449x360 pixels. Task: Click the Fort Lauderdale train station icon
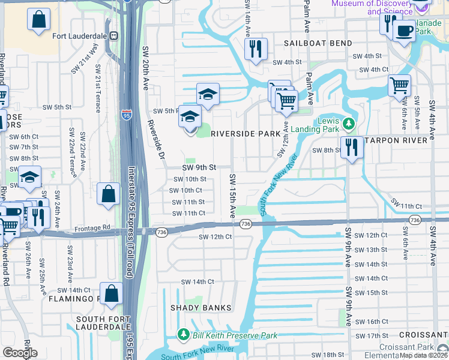112,35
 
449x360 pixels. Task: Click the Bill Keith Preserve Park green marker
183,334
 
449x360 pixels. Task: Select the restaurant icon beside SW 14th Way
256,49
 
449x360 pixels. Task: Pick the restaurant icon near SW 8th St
351,146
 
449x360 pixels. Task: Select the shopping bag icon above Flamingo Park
111,293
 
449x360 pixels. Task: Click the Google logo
19,353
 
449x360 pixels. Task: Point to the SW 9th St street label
199,169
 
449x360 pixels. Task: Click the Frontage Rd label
93,228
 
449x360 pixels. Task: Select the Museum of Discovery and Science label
373,7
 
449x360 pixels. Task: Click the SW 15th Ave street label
232,196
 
